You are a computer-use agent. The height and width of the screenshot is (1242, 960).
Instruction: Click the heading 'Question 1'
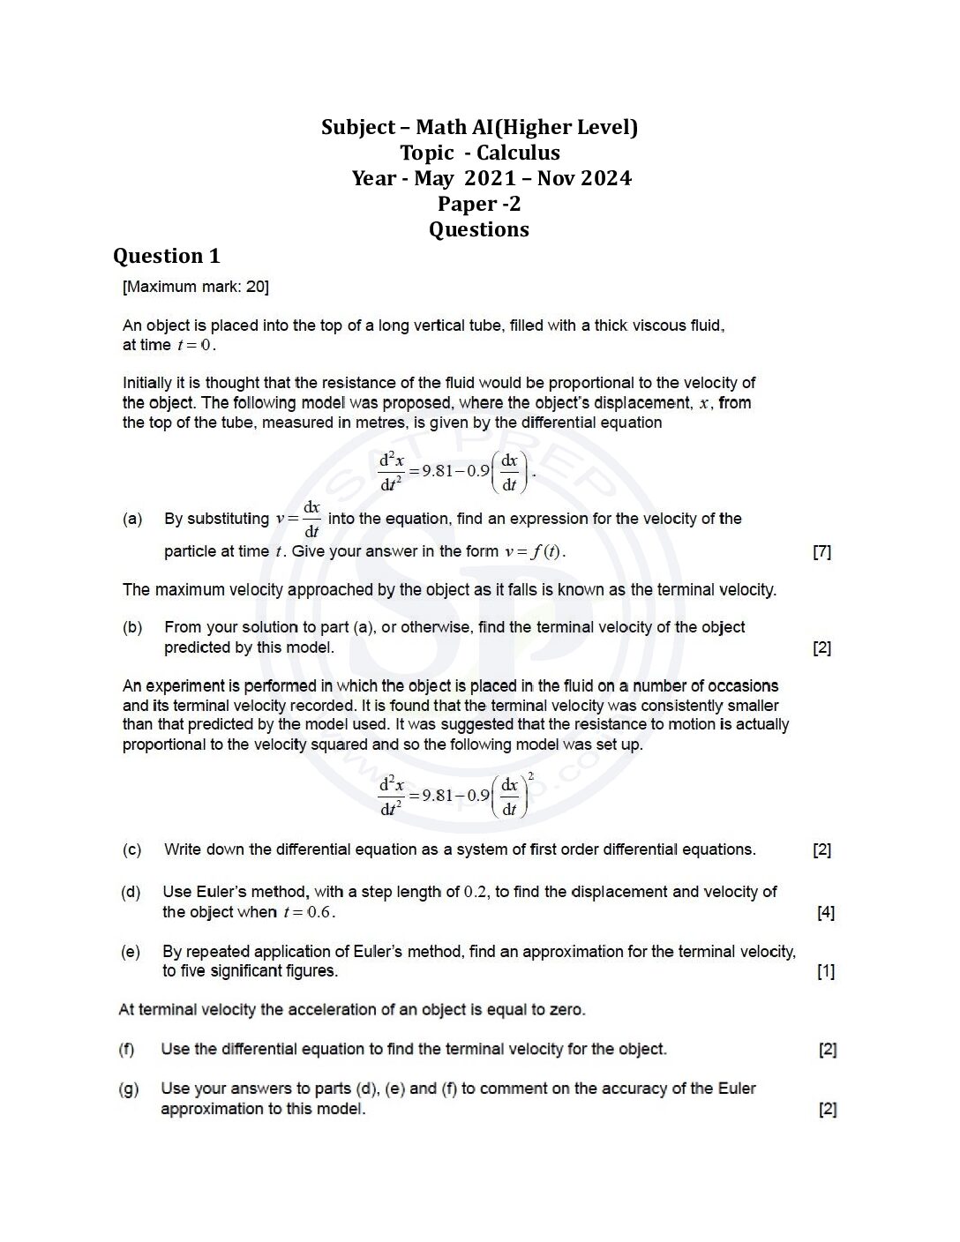[x=166, y=256]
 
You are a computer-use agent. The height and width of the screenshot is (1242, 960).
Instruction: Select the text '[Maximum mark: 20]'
[x=196, y=287]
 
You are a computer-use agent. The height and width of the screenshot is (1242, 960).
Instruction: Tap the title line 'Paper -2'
[x=479, y=204]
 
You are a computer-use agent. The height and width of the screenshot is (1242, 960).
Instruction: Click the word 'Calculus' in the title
[x=518, y=153]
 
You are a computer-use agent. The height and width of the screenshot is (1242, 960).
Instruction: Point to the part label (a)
[x=132, y=519]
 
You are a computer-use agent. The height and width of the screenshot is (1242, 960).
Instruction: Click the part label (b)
[x=132, y=627]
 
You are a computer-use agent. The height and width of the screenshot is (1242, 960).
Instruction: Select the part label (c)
[x=132, y=849]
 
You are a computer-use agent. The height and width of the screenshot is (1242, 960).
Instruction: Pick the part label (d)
[x=131, y=892]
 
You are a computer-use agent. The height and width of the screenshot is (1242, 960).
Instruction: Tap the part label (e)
[x=131, y=952]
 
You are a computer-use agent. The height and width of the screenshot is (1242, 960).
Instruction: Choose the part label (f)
[x=127, y=1049]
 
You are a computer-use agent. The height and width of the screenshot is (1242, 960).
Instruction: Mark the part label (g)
[x=129, y=1089]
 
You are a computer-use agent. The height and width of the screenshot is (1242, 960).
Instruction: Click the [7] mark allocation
[x=821, y=552]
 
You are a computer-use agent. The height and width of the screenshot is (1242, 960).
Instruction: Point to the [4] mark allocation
[x=825, y=912]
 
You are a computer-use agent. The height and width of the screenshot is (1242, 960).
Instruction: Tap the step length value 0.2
[x=476, y=892]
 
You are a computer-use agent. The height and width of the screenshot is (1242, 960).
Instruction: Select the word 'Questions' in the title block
[x=479, y=229]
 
